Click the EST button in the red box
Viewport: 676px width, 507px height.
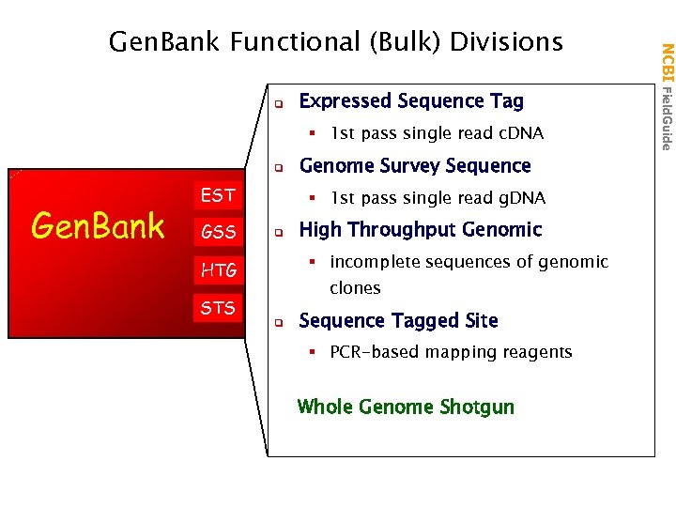(x=218, y=195)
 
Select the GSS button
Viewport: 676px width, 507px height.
(x=218, y=231)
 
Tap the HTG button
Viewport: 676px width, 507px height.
(x=218, y=271)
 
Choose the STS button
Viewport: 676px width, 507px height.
(x=218, y=307)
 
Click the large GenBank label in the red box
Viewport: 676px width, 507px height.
(x=98, y=226)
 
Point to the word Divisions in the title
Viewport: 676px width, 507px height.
(x=506, y=42)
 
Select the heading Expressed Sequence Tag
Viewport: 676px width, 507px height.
(x=410, y=100)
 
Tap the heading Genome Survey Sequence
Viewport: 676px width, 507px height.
(x=414, y=166)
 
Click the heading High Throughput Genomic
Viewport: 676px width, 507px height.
(x=420, y=230)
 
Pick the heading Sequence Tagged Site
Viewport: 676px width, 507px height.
(x=398, y=321)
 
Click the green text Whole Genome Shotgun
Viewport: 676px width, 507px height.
(x=406, y=407)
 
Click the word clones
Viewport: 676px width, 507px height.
(x=355, y=288)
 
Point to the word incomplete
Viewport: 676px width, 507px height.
(x=374, y=262)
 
